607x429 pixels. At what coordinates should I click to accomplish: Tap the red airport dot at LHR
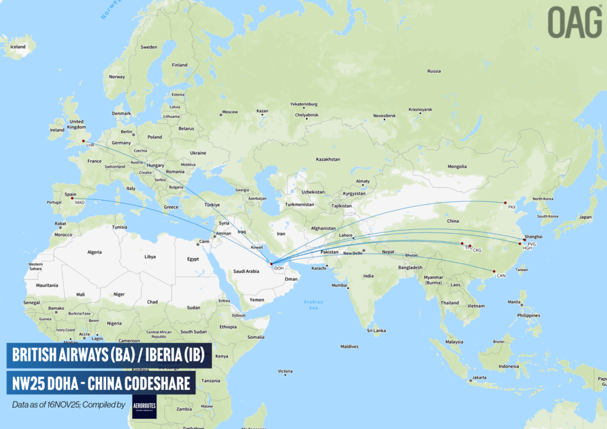click(84, 141)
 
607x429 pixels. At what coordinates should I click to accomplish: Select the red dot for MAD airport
click(72, 199)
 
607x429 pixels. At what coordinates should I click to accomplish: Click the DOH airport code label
click(278, 268)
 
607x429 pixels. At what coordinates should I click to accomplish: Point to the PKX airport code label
click(512, 207)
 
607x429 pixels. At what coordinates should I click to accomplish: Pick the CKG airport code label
click(477, 250)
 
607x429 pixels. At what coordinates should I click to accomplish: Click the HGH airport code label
click(527, 248)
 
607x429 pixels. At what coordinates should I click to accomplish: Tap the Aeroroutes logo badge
click(145, 406)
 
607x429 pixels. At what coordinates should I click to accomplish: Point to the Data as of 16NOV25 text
click(68, 405)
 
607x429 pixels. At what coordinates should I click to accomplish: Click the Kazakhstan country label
click(328, 159)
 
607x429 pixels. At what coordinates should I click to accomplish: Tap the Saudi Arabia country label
click(245, 271)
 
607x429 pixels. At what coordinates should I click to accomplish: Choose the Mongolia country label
click(458, 167)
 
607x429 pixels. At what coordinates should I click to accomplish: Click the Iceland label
click(18, 47)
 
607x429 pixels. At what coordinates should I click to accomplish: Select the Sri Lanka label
click(376, 330)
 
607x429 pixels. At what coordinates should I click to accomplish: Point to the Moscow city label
click(229, 112)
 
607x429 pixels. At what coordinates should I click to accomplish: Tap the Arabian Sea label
click(314, 305)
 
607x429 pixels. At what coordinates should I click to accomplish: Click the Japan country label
click(585, 217)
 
